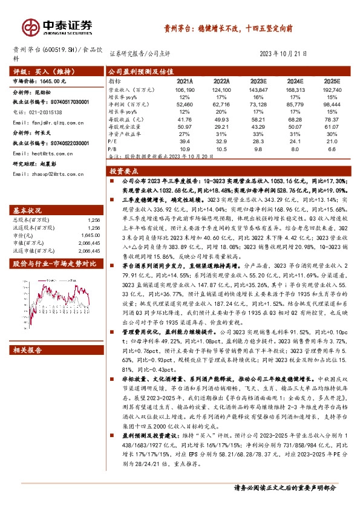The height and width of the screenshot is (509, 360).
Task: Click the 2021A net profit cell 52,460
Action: pyautogui.click(x=184, y=104)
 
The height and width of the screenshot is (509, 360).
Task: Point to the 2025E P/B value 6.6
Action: pyautogui.click(x=332, y=148)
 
